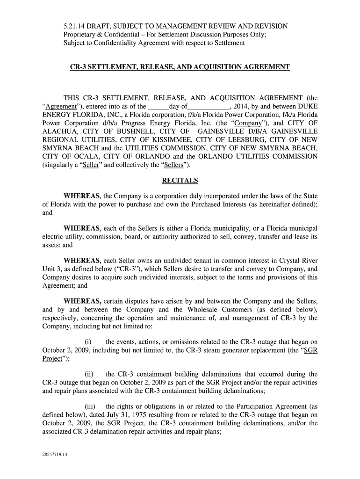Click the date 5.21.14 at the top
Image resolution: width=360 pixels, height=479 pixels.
click(x=74, y=26)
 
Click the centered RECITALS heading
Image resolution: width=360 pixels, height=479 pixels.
click(x=180, y=180)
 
